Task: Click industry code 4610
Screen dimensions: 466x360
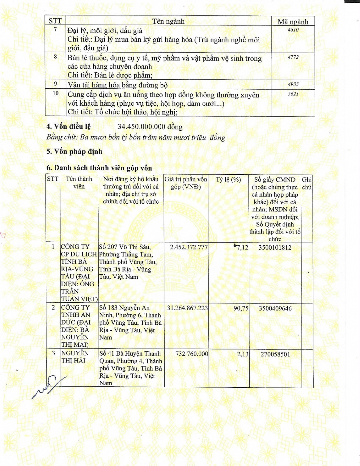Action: pyautogui.click(x=293, y=30)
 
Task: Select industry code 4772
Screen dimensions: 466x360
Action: pyautogui.click(x=293, y=57)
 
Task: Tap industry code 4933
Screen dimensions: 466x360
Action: pyautogui.click(x=293, y=84)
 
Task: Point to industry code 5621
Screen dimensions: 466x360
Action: pyautogui.click(x=293, y=94)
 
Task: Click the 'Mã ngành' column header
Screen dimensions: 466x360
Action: pyautogui.click(x=293, y=22)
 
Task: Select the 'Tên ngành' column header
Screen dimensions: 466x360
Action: pyautogui.click(x=168, y=21)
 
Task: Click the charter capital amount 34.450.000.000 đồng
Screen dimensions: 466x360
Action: pyautogui.click(x=150, y=127)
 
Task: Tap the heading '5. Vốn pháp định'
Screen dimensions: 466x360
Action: pyautogui.click(x=74, y=151)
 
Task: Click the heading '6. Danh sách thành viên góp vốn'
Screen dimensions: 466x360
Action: pyautogui.click(x=99, y=168)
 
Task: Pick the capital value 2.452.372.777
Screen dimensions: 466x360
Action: pyautogui.click(x=189, y=247)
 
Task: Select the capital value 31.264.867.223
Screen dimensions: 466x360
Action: pyautogui.click(x=187, y=308)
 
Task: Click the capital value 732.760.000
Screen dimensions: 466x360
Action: pyautogui.click(x=192, y=354)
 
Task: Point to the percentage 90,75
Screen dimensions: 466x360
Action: pyautogui.click(x=241, y=308)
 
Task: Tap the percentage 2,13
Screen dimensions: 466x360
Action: pyautogui.click(x=243, y=354)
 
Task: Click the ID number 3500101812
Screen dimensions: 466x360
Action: pyautogui.click(x=275, y=248)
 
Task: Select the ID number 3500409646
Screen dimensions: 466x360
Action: pyautogui.click(x=275, y=308)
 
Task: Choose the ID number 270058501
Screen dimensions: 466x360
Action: pyautogui.click(x=275, y=354)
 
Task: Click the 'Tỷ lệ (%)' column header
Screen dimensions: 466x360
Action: pyautogui.click(x=228, y=180)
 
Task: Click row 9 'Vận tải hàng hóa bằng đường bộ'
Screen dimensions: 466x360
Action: pyautogui.click(x=118, y=85)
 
